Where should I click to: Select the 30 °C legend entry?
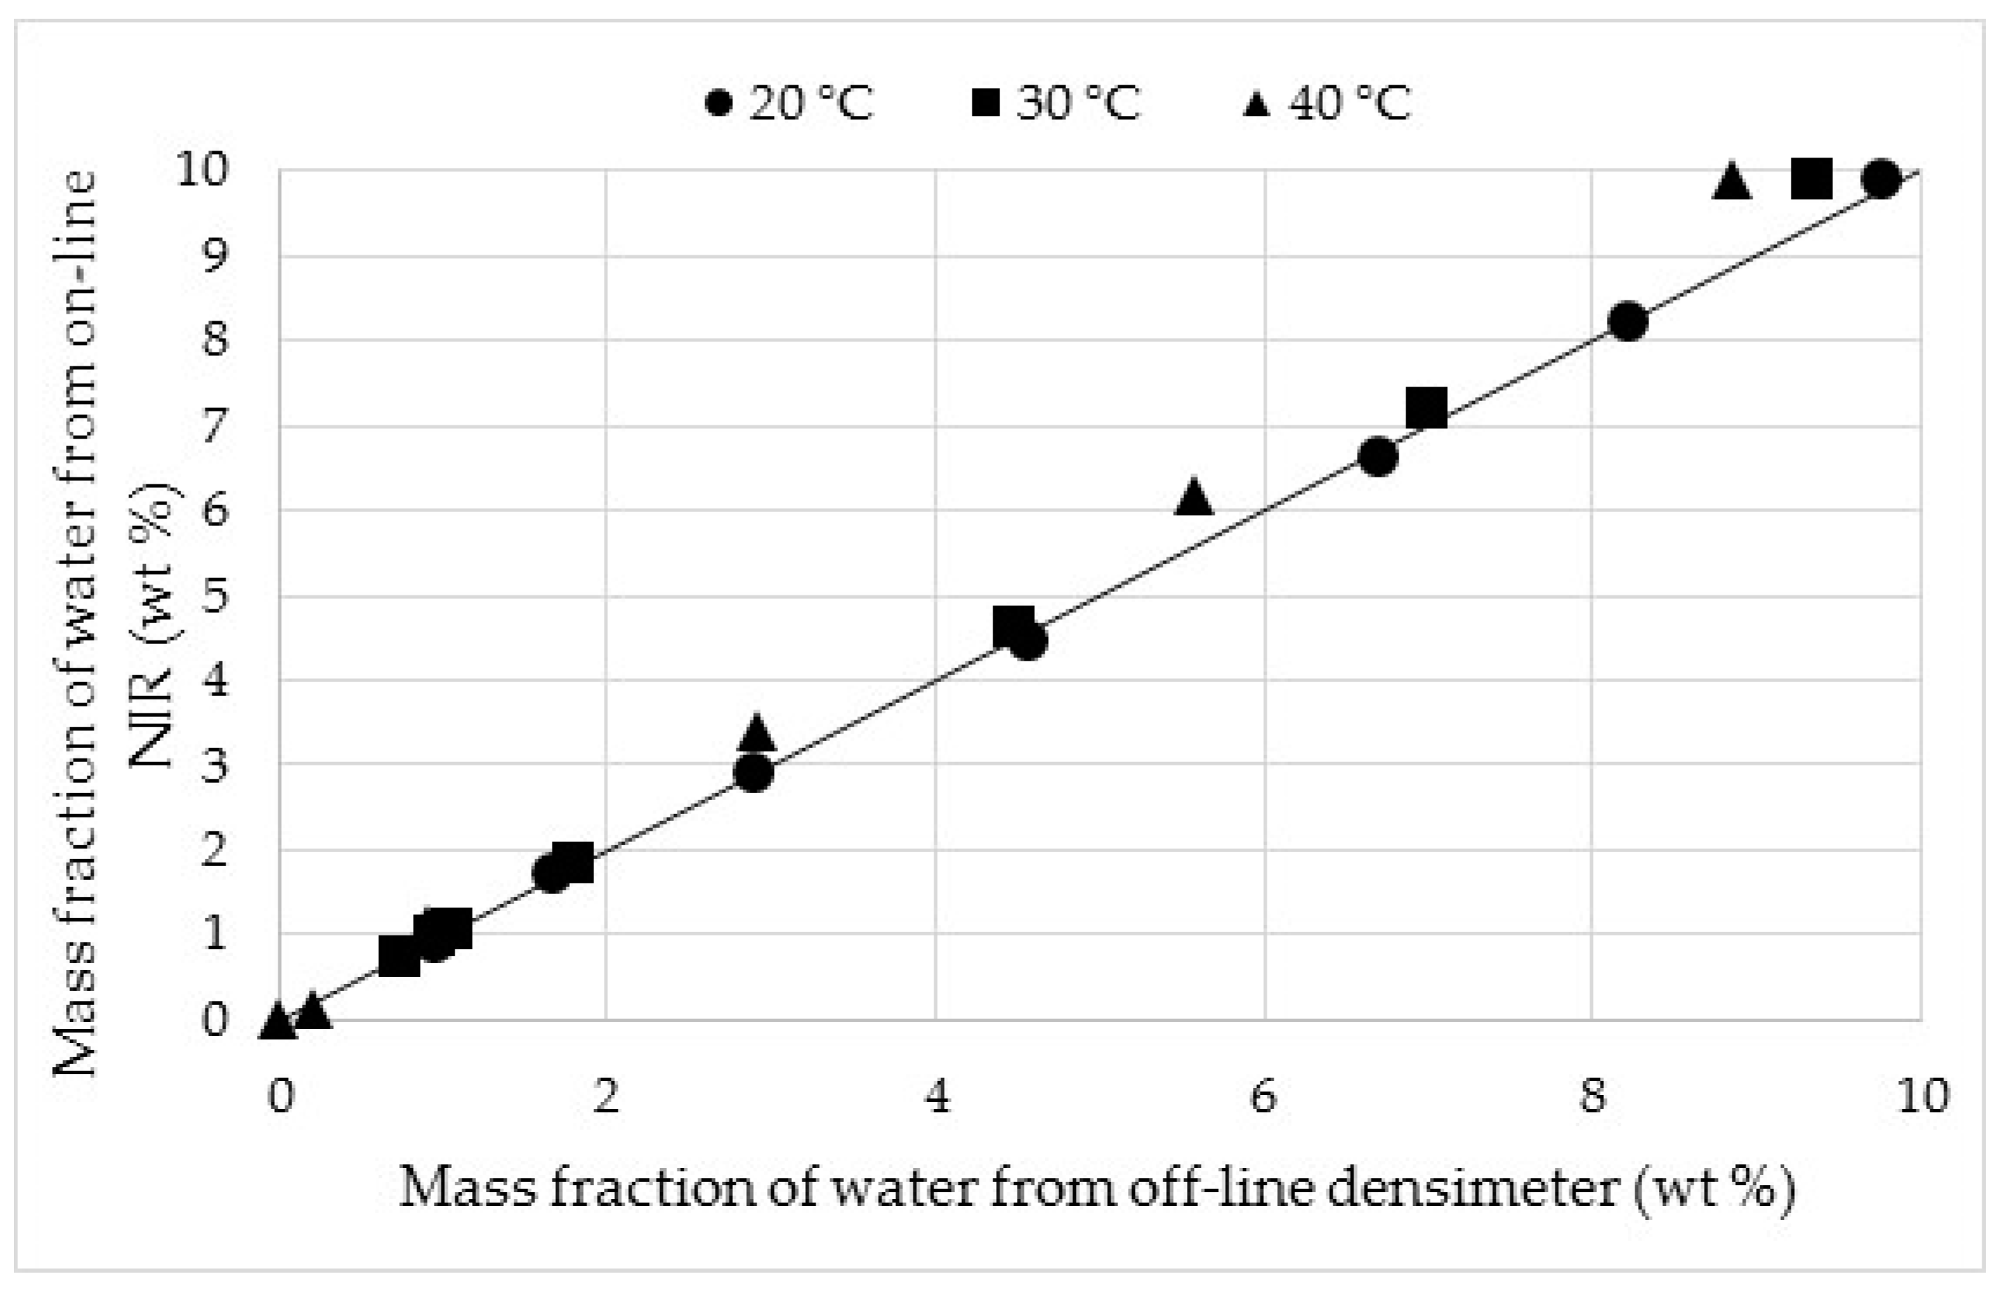1056,104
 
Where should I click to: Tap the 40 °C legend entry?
1326,104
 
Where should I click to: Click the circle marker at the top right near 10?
1881,178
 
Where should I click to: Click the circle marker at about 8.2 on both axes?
1628,322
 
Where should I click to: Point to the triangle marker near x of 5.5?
1193,498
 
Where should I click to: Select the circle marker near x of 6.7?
1378,457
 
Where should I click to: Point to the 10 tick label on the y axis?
203,171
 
